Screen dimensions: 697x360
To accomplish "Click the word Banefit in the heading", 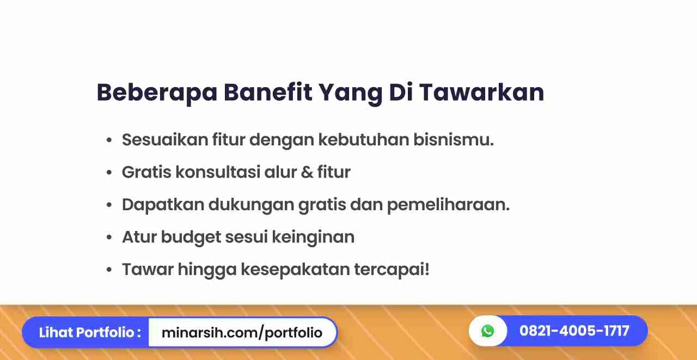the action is click(x=268, y=92).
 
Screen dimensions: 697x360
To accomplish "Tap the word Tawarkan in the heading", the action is click(x=482, y=92).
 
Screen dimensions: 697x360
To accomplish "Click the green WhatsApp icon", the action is click(x=487, y=331).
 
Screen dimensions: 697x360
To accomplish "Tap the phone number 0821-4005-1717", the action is click(x=574, y=331).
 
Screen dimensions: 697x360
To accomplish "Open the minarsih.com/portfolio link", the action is click(x=242, y=333).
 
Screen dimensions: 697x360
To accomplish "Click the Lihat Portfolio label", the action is click(x=90, y=332).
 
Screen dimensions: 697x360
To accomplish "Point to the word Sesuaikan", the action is click(x=165, y=139).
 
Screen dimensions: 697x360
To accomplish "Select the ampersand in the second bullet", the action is click(x=307, y=172).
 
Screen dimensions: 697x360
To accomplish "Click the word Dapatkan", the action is click(x=163, y=204).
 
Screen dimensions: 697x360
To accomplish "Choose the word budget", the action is click(x=191, y=237).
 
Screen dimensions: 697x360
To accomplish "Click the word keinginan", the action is click(x=313, y=237).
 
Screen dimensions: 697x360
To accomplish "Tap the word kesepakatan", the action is click(x=295, y=270).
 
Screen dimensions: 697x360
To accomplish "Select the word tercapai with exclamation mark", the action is click(x=392, y=270).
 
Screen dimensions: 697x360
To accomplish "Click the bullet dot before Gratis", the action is click(x=109, y=173).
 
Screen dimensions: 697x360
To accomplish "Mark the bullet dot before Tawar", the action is click(x=109, y=270).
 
